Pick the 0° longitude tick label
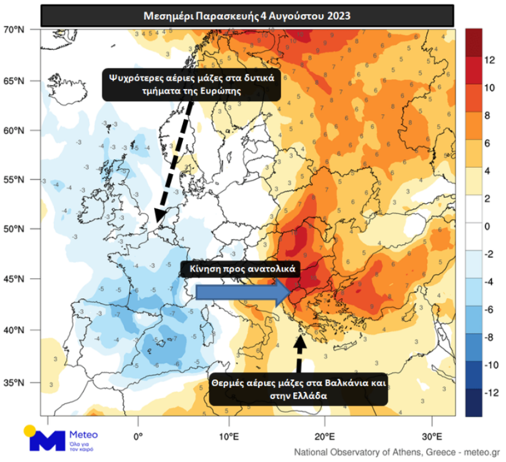coord(138,435)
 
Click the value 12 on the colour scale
coord(490,59)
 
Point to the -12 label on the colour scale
coord(490,394)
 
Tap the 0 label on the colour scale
coord(487,226)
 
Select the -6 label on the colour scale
coord(489,310)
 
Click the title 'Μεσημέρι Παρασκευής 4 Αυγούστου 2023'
coord(248,16)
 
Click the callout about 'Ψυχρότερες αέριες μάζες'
coord(191,84)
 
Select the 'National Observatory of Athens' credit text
coord(397,452)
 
